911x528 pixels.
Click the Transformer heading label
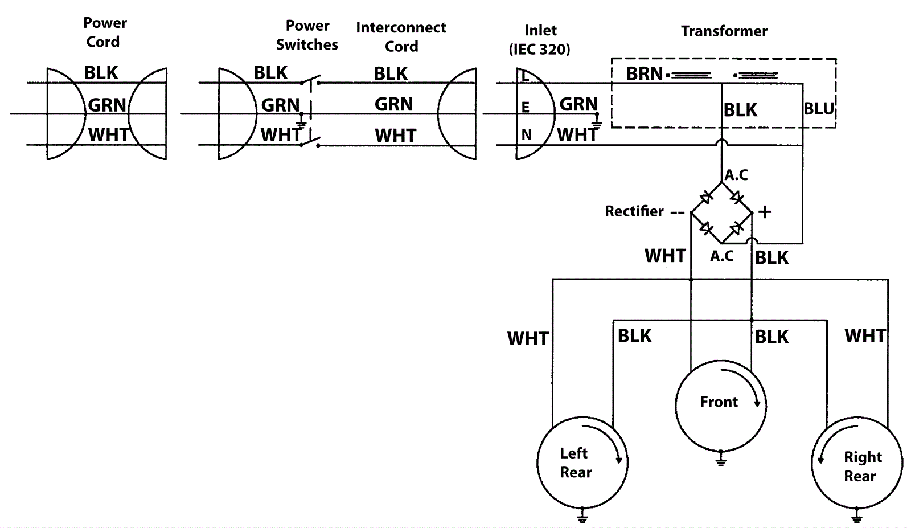(724, 31)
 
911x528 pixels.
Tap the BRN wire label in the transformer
(644, 74)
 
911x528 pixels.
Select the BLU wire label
(818, 108)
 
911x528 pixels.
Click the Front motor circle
(720, 405)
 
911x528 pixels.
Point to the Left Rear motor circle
(582, 462)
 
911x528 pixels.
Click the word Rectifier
(634, 211)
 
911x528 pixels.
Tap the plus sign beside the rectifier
(765, 212)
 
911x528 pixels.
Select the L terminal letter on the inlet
(524, 76)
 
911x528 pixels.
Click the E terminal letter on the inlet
(525, 108)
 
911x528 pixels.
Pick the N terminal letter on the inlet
(526, 135)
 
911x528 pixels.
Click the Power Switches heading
(307, 35)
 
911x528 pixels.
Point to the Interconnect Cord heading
(401, 37)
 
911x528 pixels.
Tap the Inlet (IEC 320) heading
(540, 40)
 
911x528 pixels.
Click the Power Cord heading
(104, 32)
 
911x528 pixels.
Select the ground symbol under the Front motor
(720, 459)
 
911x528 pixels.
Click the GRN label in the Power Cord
(107, 105)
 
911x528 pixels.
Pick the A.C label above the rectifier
(736, 175)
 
